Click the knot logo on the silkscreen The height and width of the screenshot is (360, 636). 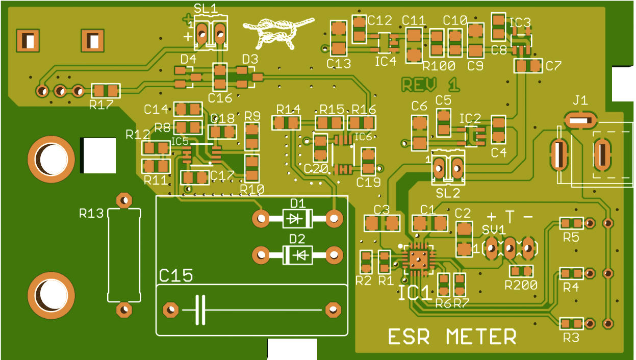pyautogui.click(x=278, y=32)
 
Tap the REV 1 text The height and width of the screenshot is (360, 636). pyautogui.click(x=430, y=85)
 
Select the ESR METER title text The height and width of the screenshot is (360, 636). pyautogui.click(x=452, y=337)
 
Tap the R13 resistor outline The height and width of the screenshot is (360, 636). pyautogui.click(x=124, y=254)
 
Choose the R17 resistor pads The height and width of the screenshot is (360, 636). pyautogui.click(x=106, y=91)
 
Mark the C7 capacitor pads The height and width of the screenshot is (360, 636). pyautogui.click(x=528, y=66)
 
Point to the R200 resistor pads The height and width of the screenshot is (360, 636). pyautogui.click(x=521, y=271)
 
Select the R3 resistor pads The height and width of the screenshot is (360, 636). pyautogui.click(x=571, y=324)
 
